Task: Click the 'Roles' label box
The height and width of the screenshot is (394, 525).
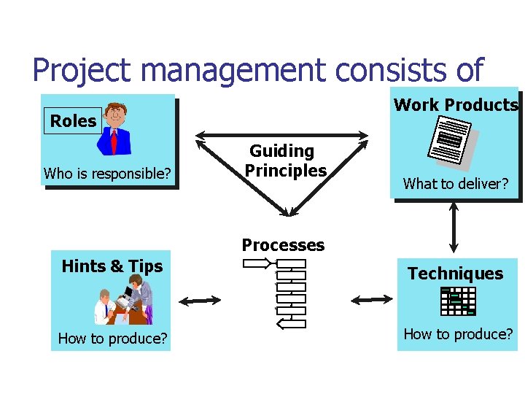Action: (73, 121)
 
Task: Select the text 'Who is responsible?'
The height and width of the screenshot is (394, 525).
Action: (107, 174)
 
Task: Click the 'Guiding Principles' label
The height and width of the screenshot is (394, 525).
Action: (284, 161)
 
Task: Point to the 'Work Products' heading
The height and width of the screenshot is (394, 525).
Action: (456, 105)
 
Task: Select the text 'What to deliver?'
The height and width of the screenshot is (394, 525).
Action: (456, 184)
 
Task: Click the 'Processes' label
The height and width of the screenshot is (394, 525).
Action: (283, 245)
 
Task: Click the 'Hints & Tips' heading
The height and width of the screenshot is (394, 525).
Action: (112, 266)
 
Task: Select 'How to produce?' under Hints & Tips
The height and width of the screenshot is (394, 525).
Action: (112, 339)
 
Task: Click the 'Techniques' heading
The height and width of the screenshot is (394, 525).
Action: (455, 274)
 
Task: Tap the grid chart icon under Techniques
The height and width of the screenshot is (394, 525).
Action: (458, 301)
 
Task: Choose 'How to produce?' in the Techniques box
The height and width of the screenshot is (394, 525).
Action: (458, 334)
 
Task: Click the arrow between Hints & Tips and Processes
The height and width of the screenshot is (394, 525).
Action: (200, 300)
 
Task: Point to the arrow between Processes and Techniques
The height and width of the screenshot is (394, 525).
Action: (371, 298)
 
